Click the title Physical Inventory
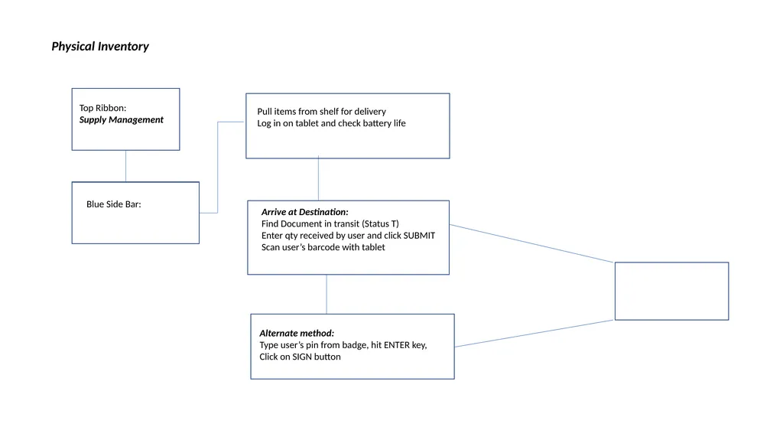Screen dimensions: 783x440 coord(100,47)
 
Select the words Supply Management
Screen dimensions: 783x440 coord(122,120)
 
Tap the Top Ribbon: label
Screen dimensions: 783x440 coord(103,108)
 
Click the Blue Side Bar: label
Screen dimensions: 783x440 coord(114,204)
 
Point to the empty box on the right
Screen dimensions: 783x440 coord(671,291)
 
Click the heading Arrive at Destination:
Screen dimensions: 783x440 coord(304,212)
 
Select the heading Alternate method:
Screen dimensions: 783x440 coord(297,333)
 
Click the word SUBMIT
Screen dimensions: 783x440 coord(419,236)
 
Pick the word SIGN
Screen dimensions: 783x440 coord(301,357)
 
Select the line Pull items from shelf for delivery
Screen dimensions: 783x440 coord(322,112)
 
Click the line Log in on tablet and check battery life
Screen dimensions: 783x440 coord(332,123)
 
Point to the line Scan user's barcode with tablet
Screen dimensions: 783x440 coord(323,247)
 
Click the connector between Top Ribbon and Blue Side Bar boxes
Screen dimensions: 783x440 coord(126,166)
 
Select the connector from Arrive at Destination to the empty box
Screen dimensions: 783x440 coord(532,243)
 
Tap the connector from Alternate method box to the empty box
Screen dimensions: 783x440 coord(534,334)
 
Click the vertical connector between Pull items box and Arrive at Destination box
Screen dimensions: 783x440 coord(318,180)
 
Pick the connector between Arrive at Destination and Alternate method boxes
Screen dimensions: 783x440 coord(327,295)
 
